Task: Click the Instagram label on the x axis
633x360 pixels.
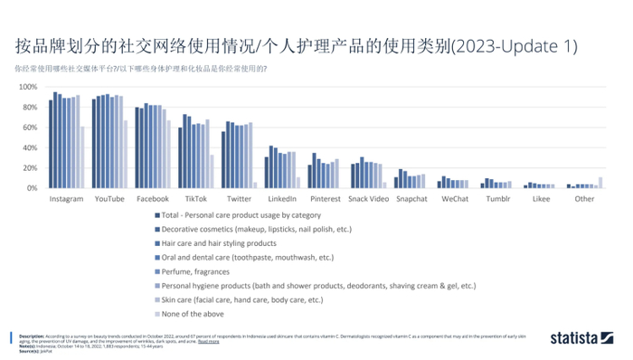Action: [66, 198]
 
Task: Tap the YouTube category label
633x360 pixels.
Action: [109, 198]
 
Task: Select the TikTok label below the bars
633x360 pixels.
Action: [195, 198]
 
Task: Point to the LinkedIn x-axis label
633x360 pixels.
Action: [282, 198]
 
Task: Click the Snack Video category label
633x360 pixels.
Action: [368, 198]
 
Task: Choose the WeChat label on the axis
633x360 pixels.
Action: [455, 198]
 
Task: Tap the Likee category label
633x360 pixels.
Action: [541, 198]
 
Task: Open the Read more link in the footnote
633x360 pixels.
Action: [208, 342]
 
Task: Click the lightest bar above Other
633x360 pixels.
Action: [600, 183]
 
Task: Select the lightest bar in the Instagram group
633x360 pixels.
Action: [82, 157]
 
